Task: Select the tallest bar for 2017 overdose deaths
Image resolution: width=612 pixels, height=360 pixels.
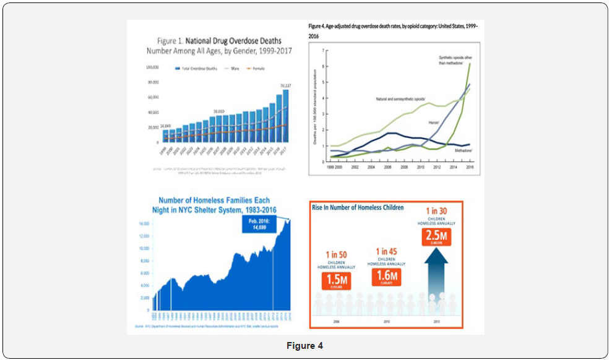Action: click(286, 116)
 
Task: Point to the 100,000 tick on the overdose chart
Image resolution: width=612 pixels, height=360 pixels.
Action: click(152, 67)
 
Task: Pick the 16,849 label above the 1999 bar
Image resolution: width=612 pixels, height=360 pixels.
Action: click(168, 126)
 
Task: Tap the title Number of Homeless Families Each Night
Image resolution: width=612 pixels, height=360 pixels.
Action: click(215, 205)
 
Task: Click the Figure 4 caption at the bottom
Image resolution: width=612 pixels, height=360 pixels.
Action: click(306, 346)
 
